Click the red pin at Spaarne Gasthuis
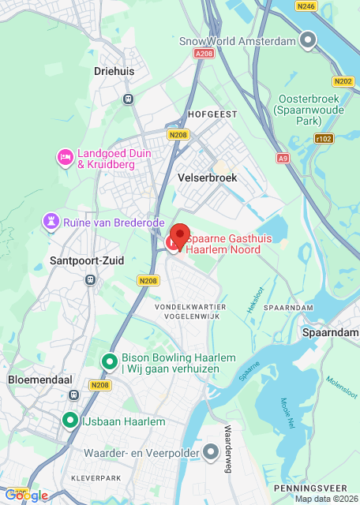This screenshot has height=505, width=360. click(x=179, y=236)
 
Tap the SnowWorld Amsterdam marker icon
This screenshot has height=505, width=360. click(x=309, y=40)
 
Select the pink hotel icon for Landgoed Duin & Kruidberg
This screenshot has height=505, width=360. click(x=65, y=158)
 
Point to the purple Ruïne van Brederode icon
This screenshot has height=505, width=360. click(x=52, y=221)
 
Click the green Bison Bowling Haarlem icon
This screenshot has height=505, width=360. click(x=110, y=361)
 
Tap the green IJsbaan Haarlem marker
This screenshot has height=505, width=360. click(x=70, y=421)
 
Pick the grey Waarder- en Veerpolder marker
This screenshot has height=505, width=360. click(x=211, y=451)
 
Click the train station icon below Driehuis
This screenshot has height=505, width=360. click(x=127, y=99)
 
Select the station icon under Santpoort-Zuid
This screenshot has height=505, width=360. click(x=91, y=279)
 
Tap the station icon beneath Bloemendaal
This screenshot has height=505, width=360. click(x=74, y=395)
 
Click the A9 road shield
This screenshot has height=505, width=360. click(x=283, y=159)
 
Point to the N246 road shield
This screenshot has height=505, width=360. click(x=306, y=6)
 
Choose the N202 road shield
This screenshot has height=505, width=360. click(x=343, y=81)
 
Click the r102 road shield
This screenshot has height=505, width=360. click(x=323, y=138)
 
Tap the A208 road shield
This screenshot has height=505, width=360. click(x=203, y=54)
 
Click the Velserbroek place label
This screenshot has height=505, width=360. click(x=208, y=178)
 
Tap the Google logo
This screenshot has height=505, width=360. click(x=26, y=495)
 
